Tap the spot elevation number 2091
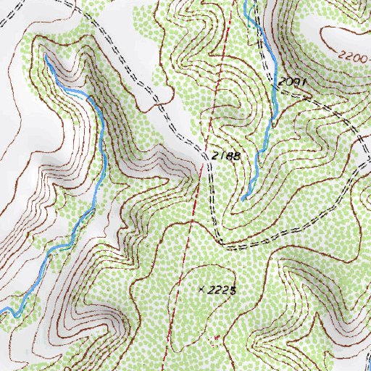tap(293, 83)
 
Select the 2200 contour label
tap(352, 55)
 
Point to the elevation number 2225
tap(222, 290)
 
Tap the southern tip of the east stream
tap(242, 198)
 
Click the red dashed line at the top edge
tap(235, 1)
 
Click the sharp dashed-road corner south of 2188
tap(219, 240)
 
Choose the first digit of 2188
tap(215, 156)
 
